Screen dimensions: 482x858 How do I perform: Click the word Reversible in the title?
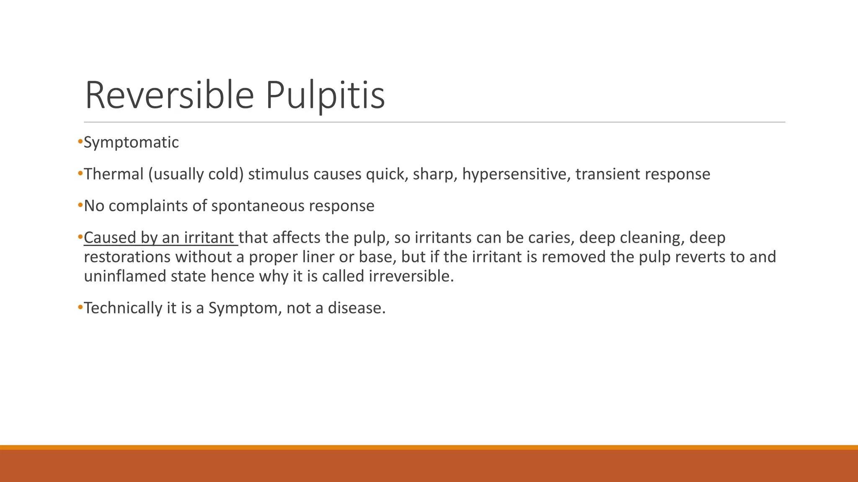pos(169,95)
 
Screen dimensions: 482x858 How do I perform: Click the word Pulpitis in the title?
pos(325,95)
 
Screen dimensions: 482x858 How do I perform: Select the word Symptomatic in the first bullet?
pos(131,142)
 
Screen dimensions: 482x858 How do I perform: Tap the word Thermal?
pos(114,174)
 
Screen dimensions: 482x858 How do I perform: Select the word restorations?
pos(127,257)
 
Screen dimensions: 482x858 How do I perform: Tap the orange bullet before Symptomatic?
pos(80,142)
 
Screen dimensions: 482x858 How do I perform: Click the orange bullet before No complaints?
pos(80,206)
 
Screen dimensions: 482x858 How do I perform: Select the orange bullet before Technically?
pos(80,308)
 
